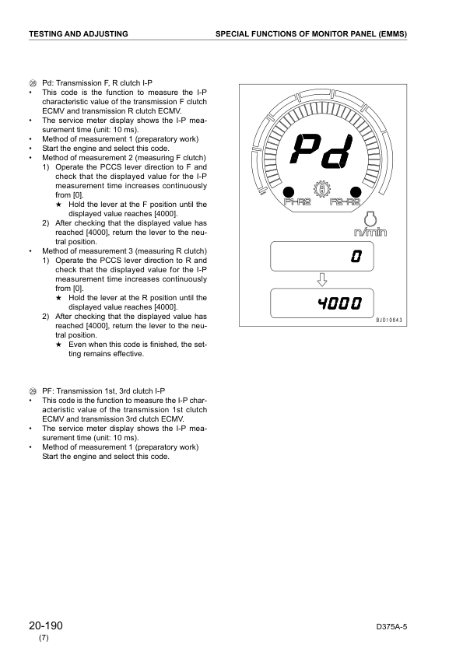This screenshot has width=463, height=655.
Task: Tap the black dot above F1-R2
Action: click(x=288, y=191)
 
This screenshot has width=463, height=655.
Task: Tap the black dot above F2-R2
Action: click(x=356, y=191)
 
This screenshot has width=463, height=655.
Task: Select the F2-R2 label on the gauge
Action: click(x=345, y=203)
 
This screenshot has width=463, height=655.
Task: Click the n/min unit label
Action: click(x=371, y=232)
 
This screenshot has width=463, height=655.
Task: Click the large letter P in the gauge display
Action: click(x=306, y=151)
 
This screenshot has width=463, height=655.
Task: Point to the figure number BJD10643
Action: click(x=391, y=320)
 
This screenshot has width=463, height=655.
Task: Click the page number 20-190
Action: click(x=46, y=626)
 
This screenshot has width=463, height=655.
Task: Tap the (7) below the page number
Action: click(x=44, y=639)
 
